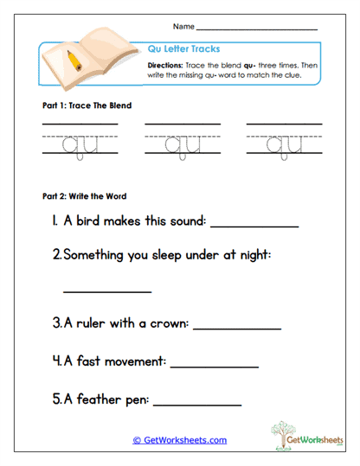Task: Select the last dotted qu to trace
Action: coord(282,146)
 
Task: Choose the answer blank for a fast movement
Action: coord(215,366)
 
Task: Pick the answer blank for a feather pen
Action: coord(197,403)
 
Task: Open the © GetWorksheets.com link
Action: coord(179,440)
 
